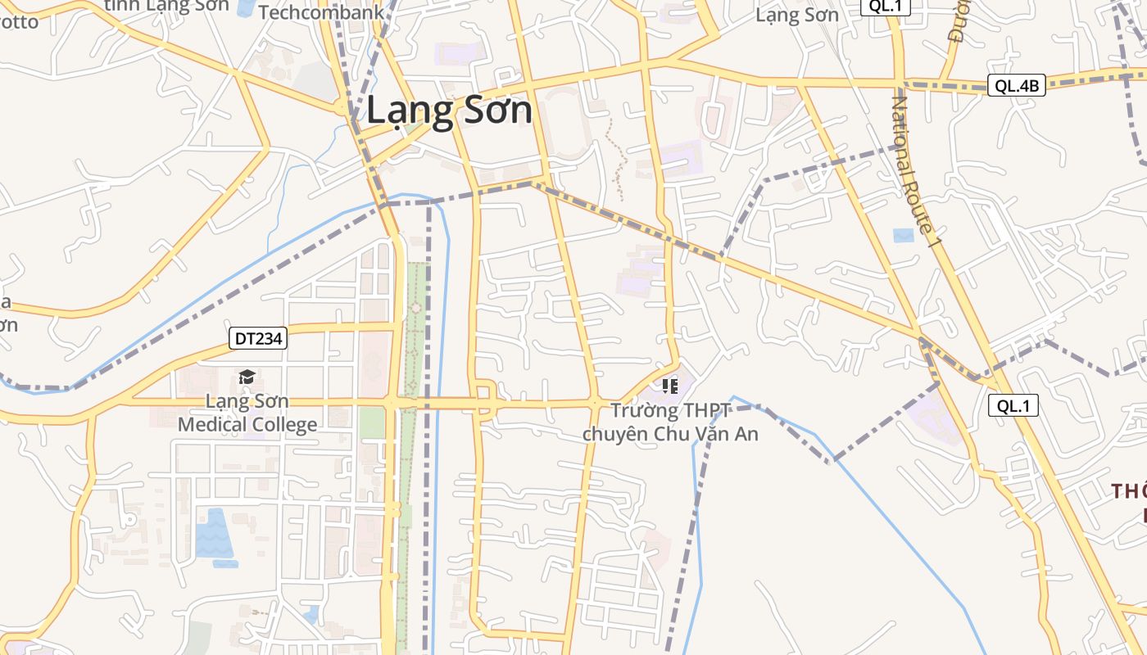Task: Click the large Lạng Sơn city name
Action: [449, 111]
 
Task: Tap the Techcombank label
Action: [321, 12]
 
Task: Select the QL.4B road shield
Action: [1016, 85]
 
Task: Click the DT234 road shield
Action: [257, 338]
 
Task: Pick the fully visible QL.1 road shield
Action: [1013, 404]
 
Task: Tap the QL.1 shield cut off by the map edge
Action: [885, 6]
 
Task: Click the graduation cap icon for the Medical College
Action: [247, 377]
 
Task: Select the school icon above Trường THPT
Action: [669, 386]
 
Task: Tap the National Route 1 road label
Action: [913, 172]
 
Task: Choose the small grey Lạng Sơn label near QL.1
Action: [796, 15]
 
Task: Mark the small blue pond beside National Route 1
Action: [903, 235]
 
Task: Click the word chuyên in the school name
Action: [615, 434]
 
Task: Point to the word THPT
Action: [706, 410]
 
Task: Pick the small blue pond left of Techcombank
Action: [245, 8]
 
